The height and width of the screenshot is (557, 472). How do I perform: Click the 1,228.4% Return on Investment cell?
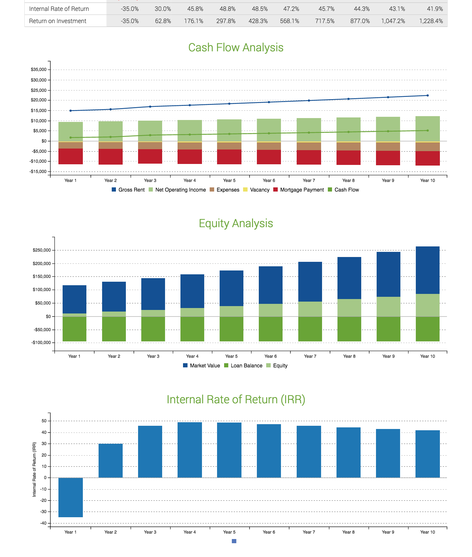pyautogui.click(x=431, y=21)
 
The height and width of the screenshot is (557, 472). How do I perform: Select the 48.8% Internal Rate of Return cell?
pyautogui.click(x=227, y=9)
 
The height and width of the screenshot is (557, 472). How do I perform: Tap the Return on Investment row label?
pyautogui.click(x=58, y=21)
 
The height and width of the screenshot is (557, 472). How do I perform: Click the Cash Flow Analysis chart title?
pyautogui.click(x=236, y=47)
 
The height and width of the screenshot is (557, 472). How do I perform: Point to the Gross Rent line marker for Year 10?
pyautogui.click(x=427, y=95)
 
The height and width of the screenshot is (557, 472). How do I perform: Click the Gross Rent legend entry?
pyautogui.click(x=128, y=190)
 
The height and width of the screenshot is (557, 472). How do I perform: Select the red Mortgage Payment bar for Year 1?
pyautogui.click(x=71, y=156)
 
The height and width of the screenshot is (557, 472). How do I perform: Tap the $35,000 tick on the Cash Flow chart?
pyautogui.click(x=39, y=70)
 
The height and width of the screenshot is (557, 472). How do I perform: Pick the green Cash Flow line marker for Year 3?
pyautogui.click(x=150, y=135)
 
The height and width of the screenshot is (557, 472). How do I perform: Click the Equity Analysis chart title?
pyautogui.click(x=236, y=223)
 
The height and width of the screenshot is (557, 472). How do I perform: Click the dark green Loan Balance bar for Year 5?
pyautogui.click(x=231, y=329)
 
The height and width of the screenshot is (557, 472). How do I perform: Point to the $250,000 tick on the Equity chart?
pyautogui.click(x=42, y=250)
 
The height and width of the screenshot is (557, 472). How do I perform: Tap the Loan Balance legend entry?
pyautogui.click(x=243, y=365)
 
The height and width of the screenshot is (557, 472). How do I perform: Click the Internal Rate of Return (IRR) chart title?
pyautogui.click(x=236, y=399)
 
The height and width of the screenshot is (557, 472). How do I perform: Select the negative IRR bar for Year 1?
pyautogui.click(x=71, y=497)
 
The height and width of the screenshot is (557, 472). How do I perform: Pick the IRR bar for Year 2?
pyautogui.click(x=110, y=461)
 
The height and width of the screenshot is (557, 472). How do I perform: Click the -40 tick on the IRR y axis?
pyautogui.click(x=43, y=523)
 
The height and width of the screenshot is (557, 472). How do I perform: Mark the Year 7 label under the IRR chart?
pyautogui.click(x=309, y=532)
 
